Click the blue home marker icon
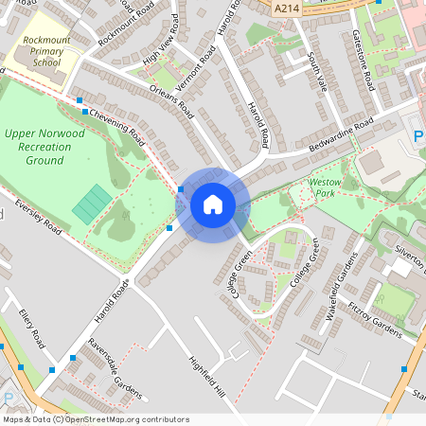pyautogui.click(x=212, y=204)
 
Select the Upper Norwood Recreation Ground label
pyautogui.click(x=44, y=147)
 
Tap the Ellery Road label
pyautogui.click(x=32, y=326)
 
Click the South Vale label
pyautogui.click(x=315, y=70)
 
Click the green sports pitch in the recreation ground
pyautogui.click(x=92, y=204)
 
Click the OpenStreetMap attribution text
pyautogui.click(x=96, y=419)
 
